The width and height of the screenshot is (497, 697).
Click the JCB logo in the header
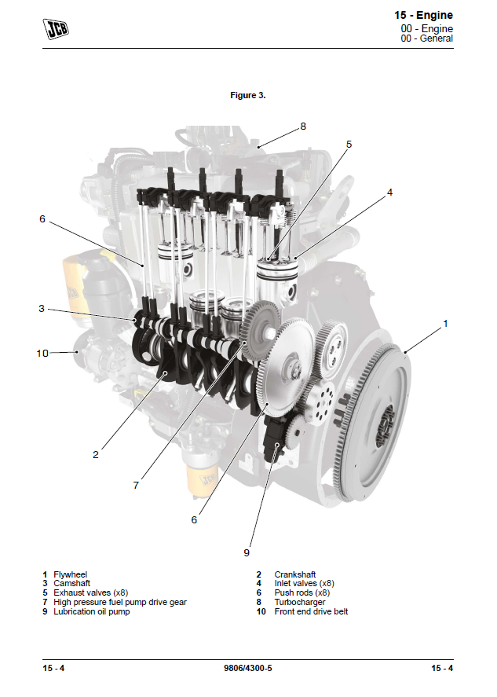point(55,30)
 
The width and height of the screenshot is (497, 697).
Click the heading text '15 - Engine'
point(423,15)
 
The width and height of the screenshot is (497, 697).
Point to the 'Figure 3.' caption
point(247,95)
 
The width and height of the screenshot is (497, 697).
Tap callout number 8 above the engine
point(303,126)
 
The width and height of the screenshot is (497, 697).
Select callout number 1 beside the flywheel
point(446,323)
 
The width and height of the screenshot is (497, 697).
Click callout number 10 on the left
point(42,353)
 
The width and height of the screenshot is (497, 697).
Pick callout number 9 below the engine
point(246,552)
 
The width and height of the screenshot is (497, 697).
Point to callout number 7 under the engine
point(136,485)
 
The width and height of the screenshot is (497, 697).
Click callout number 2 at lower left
point(96,454)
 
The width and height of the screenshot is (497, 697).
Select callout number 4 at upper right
point(389,193)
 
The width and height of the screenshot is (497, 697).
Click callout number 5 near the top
point(349,144)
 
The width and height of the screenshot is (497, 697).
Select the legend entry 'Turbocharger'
point(299,602)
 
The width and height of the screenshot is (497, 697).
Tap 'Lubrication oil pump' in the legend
point(91,611)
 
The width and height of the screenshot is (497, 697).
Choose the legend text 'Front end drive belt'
point(311,611)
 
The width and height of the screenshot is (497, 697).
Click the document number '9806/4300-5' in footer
point(247,668)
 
